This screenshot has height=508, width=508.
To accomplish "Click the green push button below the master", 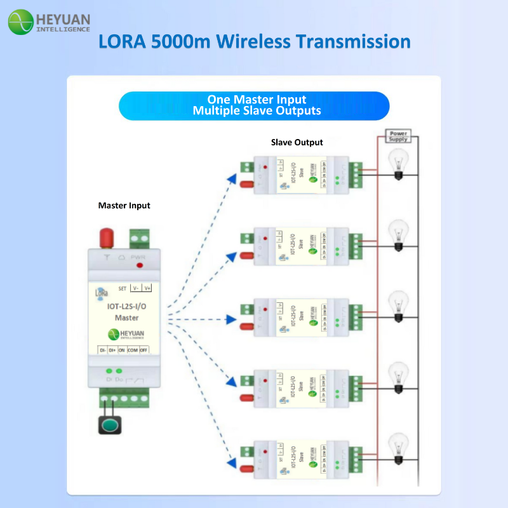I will coord(109,425).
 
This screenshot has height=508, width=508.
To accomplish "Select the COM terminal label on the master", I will coord(132,350).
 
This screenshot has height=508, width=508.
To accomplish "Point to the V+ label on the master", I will coord(147,288).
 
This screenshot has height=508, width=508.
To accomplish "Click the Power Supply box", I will coord(398,136).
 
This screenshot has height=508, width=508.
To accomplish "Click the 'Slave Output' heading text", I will coord(297,142).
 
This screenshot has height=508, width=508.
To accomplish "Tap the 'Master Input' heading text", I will coord(124,206).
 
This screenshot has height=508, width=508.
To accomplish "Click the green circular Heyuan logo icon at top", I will coord(20,22).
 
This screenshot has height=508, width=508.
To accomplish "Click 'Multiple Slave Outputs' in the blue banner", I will coord(257,111).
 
